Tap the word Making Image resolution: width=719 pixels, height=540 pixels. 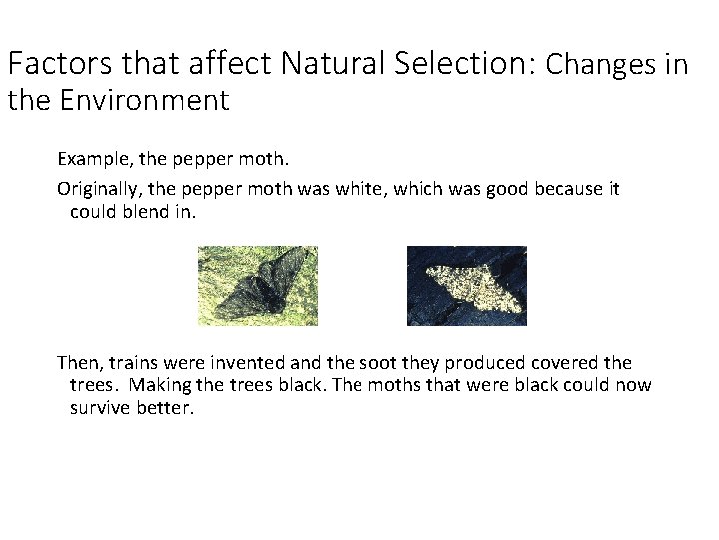coord(161,386)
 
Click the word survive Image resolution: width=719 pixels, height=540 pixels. coord(101,408)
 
